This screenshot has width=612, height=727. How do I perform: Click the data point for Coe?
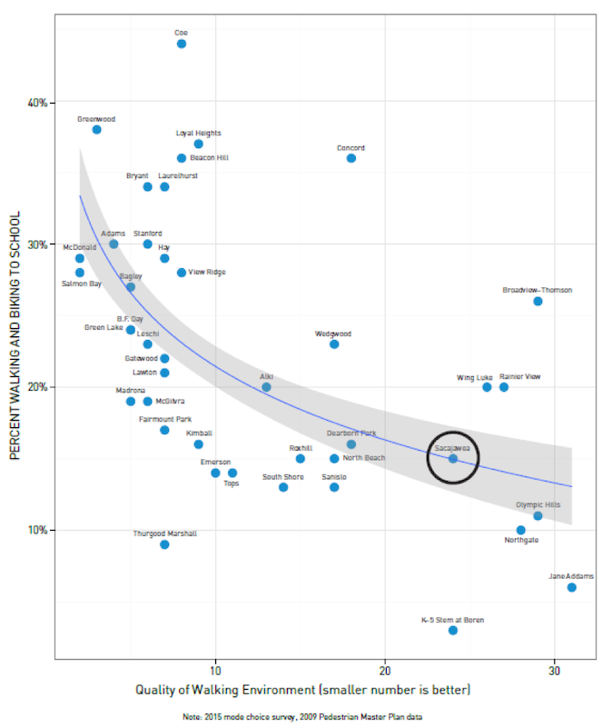point(182,44)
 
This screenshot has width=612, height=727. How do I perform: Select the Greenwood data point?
point(96,130)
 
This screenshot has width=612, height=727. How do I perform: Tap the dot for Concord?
point(351,158)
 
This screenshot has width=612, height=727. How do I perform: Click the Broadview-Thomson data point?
point(538,301)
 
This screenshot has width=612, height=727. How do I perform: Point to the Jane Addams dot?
point(571,587)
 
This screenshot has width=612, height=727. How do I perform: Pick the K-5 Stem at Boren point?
point(453,630)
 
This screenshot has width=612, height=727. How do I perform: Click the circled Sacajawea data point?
point(453,458)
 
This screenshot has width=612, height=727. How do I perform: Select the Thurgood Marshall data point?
point(164,544)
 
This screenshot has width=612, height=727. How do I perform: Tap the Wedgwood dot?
point(334,344)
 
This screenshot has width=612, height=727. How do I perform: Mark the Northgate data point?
point(520,530)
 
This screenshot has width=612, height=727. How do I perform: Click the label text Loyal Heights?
point(198,133)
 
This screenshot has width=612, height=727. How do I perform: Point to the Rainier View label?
point(519,376)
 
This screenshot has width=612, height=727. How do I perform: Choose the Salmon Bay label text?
point(82,284)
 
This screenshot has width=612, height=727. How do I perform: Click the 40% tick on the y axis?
point(37,102)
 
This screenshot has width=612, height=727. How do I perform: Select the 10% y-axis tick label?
point(37,530)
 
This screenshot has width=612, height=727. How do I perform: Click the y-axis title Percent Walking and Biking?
point(15,336)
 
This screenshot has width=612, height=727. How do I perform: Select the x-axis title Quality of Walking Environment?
point(302,690)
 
